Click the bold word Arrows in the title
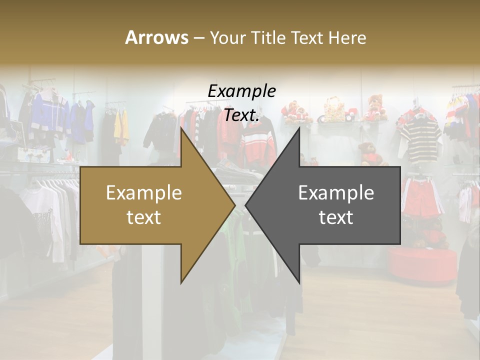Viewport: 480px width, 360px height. tap(156, 37)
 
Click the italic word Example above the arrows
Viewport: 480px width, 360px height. tap(241, 91)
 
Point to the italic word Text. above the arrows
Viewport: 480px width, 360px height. tap(241, 115)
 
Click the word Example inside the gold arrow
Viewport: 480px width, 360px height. tap(143, 193)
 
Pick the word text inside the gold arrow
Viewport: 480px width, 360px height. tap(143, 217)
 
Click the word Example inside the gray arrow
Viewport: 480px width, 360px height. tap(336, 193)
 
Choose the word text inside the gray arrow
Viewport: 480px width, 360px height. tap(336, 217)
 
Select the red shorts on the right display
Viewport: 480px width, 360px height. tap(420, 197)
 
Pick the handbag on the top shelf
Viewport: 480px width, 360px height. tap(334, 110)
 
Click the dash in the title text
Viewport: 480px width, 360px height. tap(198, 38)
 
